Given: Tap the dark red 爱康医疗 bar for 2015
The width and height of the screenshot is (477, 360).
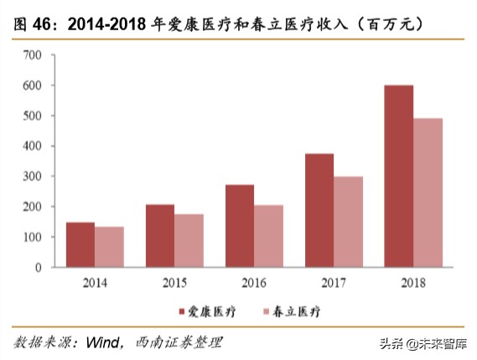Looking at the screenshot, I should (159, 236).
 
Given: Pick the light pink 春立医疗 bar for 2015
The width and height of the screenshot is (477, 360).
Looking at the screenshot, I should (189, 241).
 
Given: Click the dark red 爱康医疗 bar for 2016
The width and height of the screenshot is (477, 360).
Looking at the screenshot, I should (240, 226).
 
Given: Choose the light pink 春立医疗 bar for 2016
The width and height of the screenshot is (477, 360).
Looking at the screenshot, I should (268, 236).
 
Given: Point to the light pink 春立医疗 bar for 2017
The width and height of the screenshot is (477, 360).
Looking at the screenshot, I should (348, 222).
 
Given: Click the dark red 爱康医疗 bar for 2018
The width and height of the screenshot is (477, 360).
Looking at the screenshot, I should (399, 176).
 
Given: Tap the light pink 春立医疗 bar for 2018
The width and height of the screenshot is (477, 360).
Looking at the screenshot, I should (428, 193).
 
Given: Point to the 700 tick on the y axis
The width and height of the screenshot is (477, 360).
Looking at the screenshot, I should (33, 55).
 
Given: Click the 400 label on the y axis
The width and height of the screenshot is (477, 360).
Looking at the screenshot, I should (33, 146).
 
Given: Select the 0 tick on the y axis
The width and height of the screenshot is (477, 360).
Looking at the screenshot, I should (38, 268).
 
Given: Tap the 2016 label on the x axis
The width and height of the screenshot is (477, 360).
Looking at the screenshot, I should (254, 283).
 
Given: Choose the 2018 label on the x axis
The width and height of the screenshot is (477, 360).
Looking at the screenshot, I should (413, 283).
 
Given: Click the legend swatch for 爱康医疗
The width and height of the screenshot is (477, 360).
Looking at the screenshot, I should (181, 311).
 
